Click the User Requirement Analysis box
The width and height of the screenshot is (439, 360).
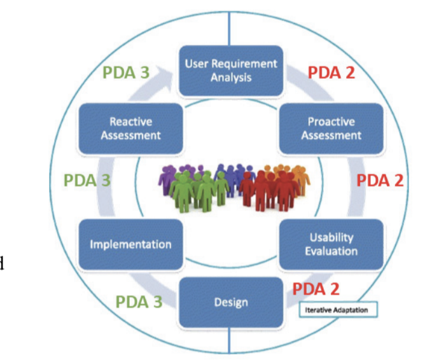click(x=231, y=71)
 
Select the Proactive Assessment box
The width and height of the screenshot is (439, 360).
click(x=331, y=128)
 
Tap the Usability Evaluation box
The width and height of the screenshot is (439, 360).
click(x=331, y=244)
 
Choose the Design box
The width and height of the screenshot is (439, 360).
click(x=231, y=302)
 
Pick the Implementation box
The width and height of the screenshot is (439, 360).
click(x=131, y=244)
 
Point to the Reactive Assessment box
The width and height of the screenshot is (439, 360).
click(x=131, y=128)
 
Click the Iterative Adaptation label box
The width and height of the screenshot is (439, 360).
click(x=338, y=310)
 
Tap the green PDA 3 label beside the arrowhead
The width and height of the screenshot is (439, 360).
click(x=126, y=73)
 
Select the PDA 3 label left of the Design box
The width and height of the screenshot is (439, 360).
click(x=139, y=301)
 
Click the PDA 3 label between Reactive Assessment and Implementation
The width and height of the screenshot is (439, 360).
click(x=87, y=180)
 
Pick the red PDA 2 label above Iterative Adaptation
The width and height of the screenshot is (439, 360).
click(x=316, y=289)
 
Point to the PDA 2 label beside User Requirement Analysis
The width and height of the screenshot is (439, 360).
click(x=331, y=73)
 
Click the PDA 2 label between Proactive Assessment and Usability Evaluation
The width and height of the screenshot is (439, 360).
click(x=380, y=180)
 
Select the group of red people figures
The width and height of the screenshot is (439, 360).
click(x=268, y=190)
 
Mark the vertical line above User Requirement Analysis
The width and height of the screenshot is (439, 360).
click(x=229, y=29)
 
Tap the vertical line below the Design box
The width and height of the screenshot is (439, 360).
click(x=229, y=340)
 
